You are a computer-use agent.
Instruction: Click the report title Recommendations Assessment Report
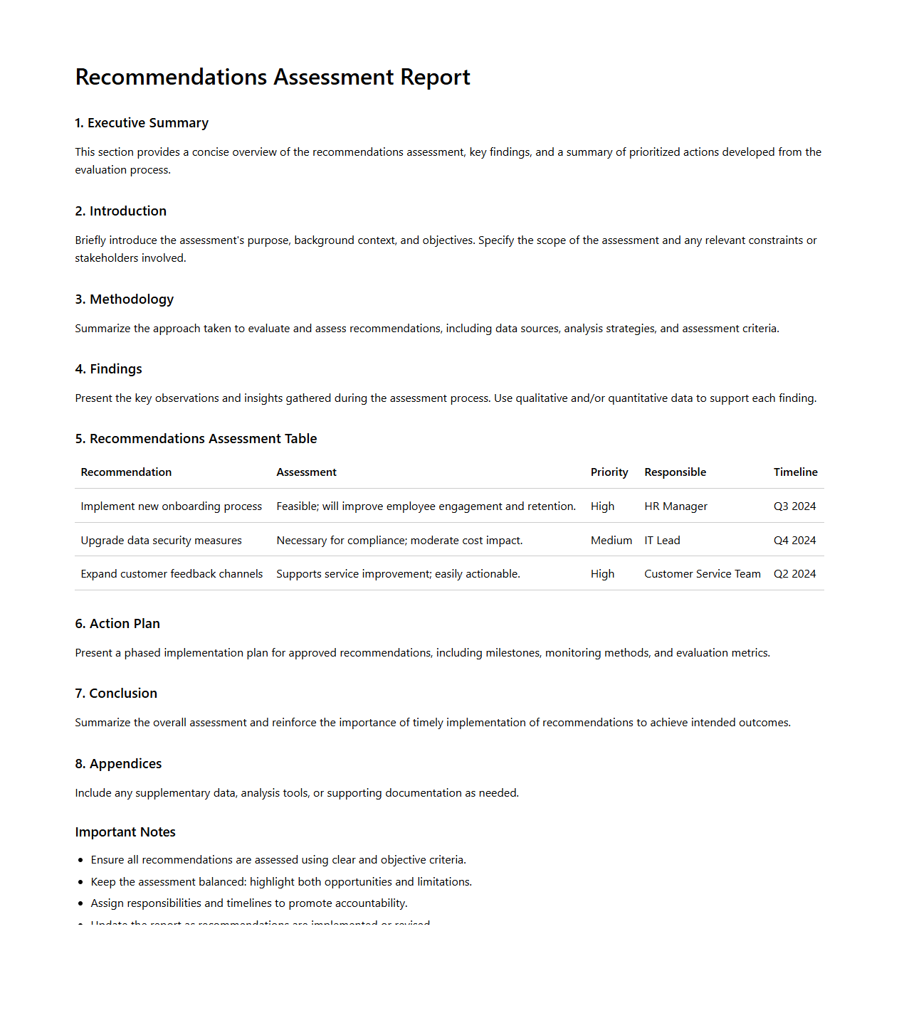[273, 77]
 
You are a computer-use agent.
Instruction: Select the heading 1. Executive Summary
[142, 123]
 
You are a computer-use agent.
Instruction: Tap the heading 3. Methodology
[125, 299]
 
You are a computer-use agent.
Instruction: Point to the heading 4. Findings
[109, 369]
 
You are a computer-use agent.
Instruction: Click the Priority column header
[609, 472]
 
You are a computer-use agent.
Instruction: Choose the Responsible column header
[675, 472]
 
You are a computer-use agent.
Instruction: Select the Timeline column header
[795, 472]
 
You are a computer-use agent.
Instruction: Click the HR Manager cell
[675, 506]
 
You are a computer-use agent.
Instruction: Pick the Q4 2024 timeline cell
[794, 541]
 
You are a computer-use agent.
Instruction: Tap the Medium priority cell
[611, 541]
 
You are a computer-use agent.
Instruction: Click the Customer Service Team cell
[702, 574]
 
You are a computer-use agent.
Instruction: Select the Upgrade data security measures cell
[161, 541]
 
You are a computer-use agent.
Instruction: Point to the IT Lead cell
[662, 541]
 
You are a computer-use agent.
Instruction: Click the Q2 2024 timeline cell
[794, 574]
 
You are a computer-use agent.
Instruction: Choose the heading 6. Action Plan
[117, 624]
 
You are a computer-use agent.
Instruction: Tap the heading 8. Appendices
[118, 764]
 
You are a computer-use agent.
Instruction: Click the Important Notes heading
[125, 832]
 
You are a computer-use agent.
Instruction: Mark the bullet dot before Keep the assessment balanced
[80, 882]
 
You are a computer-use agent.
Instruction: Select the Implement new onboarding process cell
[171, 506]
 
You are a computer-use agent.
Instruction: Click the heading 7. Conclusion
[116, 694]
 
